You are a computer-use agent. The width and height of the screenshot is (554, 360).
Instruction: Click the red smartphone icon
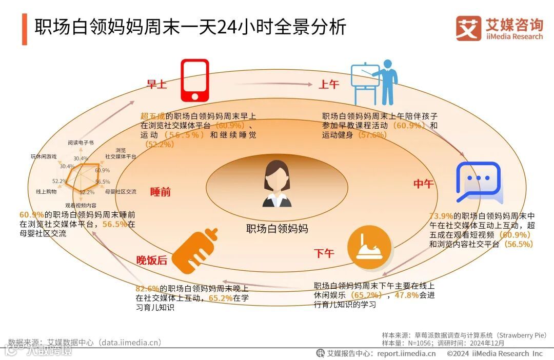(x=195, y=82)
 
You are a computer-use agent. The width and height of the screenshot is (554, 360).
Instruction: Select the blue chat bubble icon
(x=478, y=183)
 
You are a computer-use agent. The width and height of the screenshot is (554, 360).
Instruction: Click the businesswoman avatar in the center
(x=277, y=184)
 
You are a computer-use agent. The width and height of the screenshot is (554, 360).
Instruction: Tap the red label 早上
(x=157, y=85)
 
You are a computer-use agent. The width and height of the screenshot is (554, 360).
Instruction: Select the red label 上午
(x=329, y=85)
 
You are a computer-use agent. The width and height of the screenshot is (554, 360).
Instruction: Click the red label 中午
(x=423, y=184)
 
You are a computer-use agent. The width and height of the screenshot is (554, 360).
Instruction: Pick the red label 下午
(x=324, y=253)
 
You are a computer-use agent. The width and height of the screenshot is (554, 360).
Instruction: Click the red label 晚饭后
(x=152, y=261)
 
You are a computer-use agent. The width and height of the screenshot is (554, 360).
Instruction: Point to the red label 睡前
(x=161, y=192)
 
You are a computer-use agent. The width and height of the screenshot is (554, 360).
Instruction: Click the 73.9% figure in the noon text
(x=441, y=216)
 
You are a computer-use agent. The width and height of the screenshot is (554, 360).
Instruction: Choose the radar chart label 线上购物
(x=46, y=191)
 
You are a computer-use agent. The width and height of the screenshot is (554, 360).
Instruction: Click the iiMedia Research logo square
(x=468, y=29)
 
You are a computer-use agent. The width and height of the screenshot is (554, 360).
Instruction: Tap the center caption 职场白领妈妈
(x=277, y=229)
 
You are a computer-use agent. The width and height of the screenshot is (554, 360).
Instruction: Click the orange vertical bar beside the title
(x=25, y=29)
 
